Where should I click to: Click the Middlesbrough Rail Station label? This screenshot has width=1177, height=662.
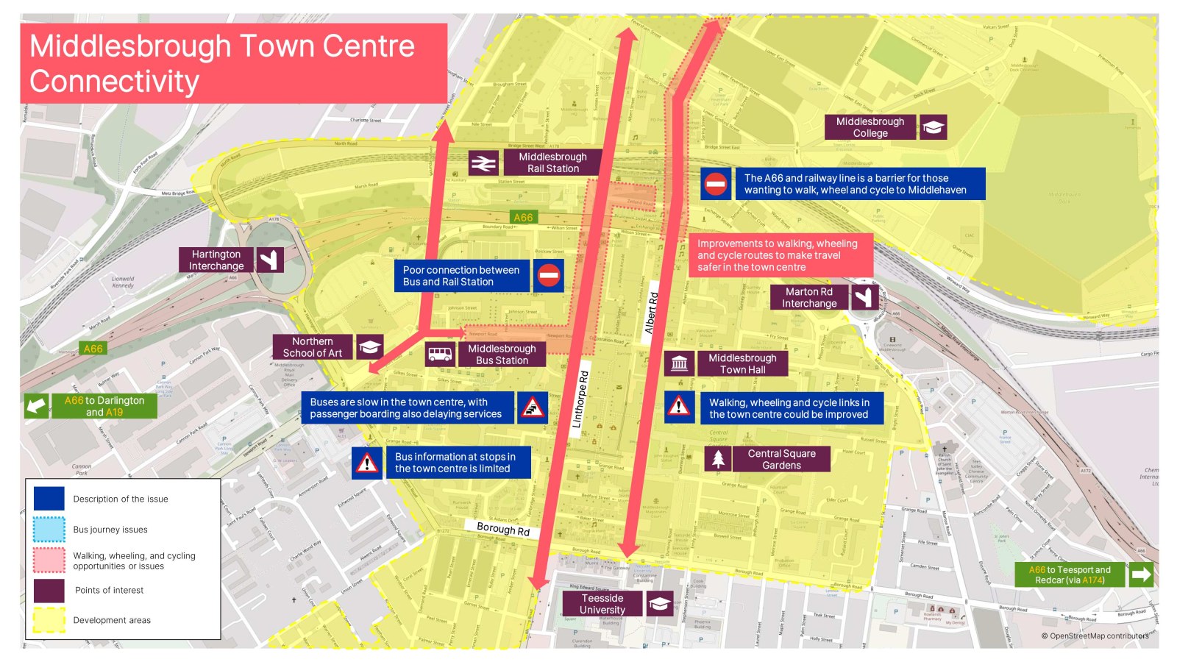552,163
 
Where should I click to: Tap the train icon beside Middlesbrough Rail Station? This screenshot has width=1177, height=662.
483,163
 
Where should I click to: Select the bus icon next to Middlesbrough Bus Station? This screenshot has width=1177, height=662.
440,355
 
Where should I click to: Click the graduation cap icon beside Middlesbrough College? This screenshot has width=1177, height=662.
933,127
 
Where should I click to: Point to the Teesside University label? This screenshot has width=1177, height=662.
602,604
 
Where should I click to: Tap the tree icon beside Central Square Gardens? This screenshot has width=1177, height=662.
718,459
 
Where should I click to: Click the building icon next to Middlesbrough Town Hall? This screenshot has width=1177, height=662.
679,363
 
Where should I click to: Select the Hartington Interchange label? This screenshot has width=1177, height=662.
216,260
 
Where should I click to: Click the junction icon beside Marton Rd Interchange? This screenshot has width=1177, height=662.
864,297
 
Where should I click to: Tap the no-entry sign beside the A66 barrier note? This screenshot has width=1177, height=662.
715,184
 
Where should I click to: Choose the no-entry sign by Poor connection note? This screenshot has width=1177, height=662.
549,276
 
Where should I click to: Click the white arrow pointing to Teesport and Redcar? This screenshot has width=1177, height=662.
1140,574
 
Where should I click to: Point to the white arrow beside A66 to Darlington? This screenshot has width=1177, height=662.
36,406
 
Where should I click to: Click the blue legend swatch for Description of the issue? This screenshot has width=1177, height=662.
49,499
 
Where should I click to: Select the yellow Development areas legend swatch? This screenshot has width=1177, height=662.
49,620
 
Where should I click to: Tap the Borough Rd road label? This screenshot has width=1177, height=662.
503,529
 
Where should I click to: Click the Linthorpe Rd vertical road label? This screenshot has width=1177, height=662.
581,399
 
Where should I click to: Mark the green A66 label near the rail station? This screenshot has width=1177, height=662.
523,218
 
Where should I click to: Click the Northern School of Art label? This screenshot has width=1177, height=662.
313,347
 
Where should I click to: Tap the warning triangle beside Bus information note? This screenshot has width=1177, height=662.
366,463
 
